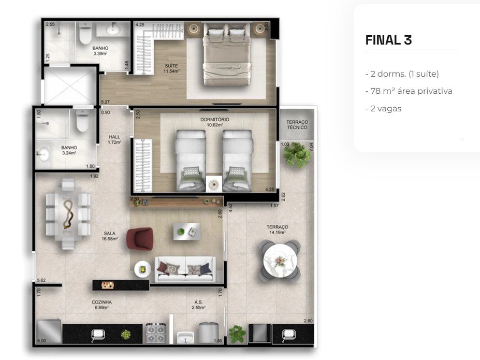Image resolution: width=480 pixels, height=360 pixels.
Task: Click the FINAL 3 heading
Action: tap(388, 40)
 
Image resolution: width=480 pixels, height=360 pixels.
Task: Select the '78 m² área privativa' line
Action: tap(411, 91)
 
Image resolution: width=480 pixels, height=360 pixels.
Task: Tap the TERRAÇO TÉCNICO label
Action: tap(297, 125)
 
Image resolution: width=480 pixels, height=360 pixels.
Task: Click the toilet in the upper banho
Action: tap(85, 35)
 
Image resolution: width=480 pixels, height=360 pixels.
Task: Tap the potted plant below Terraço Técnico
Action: tap(297, 154)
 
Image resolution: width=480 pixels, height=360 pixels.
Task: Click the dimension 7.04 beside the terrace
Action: tap(311, 146)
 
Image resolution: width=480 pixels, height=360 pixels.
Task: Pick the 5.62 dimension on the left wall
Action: tap(41, 281)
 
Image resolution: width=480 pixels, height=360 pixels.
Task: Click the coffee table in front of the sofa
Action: tap(186, 231)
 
